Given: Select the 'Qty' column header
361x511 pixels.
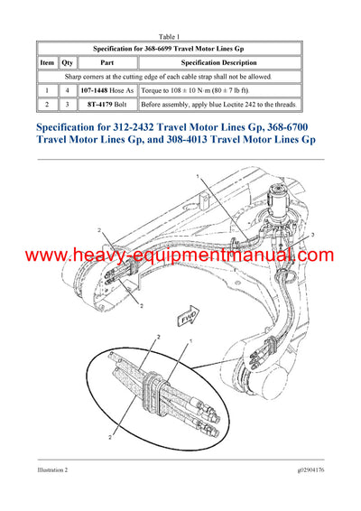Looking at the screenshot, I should tap(66, 63).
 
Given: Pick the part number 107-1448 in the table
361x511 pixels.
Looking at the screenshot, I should tap(97, 91).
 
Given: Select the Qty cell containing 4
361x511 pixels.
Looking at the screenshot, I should tap(66, 91).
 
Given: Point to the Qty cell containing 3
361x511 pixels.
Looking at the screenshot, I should tap(66, 106).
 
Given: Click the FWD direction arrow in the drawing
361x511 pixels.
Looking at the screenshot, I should tap(187, 318).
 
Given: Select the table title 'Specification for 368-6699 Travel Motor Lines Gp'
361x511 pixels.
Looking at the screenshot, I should tap(180, 47).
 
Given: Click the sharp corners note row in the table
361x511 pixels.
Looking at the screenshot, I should tap(180, 78).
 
